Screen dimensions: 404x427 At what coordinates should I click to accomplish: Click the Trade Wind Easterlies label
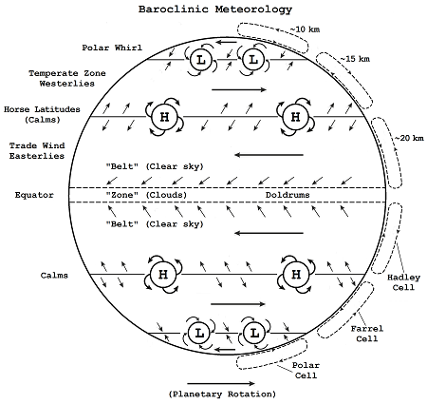tap(35, 150)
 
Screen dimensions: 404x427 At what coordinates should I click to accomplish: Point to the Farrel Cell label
tap(366, 334)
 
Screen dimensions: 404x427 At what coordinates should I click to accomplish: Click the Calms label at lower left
tap(52, 276)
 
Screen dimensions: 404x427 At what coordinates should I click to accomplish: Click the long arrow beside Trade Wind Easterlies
tap(261, 153)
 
